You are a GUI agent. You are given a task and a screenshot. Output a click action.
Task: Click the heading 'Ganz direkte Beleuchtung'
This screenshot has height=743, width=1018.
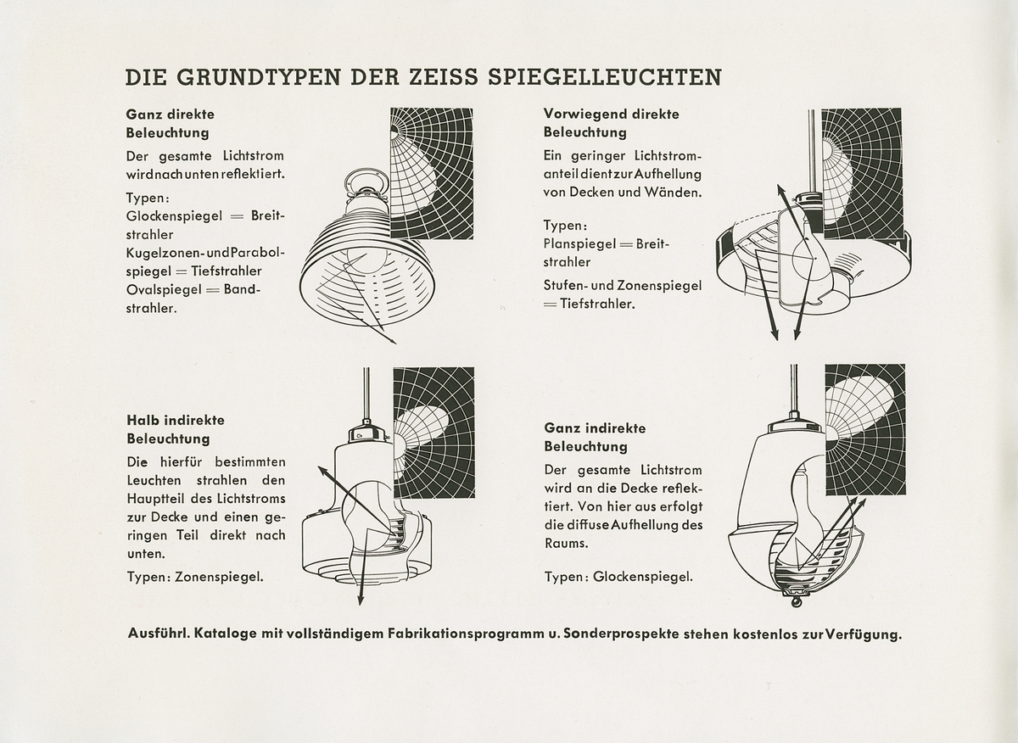coord(171,123)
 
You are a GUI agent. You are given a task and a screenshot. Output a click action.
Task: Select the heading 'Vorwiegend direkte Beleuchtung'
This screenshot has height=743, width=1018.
coord(611,123)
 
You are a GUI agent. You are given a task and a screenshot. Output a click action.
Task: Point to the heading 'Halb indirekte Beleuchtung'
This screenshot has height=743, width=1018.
coord(176,429)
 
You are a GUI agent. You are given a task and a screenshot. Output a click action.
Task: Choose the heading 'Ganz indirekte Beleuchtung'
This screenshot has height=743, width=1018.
coord(595,437)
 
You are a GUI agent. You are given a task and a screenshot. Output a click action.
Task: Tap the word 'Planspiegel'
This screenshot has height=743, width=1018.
coord(580,244)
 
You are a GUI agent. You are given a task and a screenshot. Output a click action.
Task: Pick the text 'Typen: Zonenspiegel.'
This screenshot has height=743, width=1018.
coord(194,576)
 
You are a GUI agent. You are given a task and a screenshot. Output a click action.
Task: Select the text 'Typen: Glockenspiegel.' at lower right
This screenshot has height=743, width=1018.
coord(618,576)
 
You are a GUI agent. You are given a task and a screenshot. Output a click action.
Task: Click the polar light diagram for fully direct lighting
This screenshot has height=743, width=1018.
coord(431,173)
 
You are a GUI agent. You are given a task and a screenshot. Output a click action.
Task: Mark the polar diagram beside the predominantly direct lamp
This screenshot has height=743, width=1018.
coord(861,173)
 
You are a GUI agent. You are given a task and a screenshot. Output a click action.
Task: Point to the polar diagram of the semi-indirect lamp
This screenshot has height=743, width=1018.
coord(433,433)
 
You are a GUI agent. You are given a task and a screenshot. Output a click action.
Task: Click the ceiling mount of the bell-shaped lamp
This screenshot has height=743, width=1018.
coord(371,180)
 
